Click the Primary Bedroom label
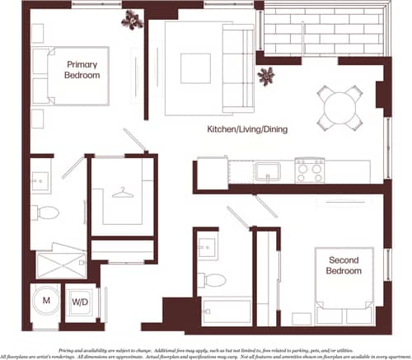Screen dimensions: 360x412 pyautogui.click(x=82, y=69)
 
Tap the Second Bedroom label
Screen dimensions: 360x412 pyautogui.click(x=343, y=265)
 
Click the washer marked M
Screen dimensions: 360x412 pyautogui.click(x=46, y=300)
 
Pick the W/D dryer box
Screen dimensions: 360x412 pyautogui.click(x=81, y=301)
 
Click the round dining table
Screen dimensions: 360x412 pyautogui.click(x=339, y=107)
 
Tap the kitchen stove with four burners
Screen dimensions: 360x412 pyautogui.click(x=312, y=171)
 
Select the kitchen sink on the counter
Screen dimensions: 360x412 pyautogui.click(x=268, y=172)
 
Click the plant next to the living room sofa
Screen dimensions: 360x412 pyautogui.click(x=265, y=77)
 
